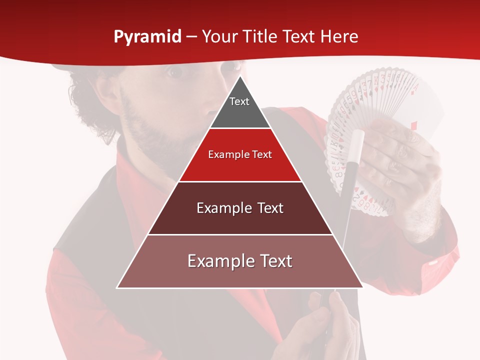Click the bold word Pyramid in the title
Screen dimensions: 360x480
click(147, 37)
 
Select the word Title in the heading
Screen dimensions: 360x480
click(260, 36)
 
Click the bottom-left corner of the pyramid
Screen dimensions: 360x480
click(118, 287)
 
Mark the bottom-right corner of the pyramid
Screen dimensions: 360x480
click(362, 287)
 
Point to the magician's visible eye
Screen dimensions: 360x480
click(175, 73)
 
